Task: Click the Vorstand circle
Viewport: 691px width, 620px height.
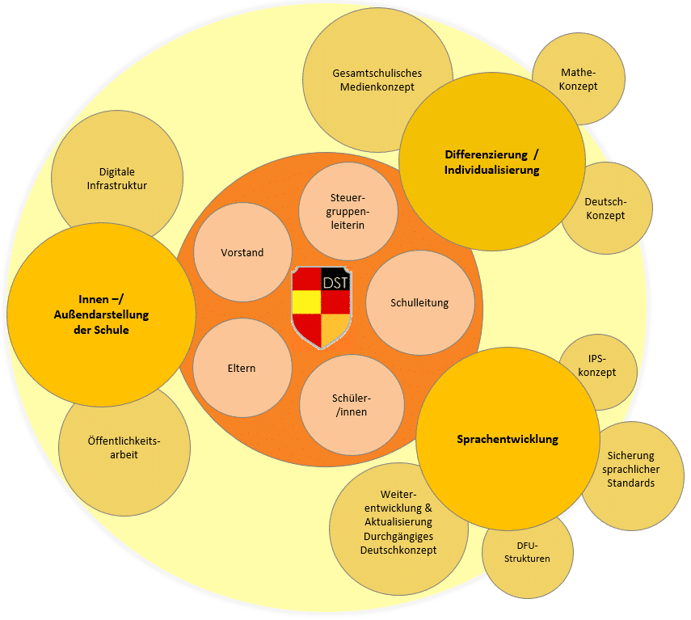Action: (x=242, y=253)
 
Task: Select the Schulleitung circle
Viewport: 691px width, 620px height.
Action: (x=419, y=303)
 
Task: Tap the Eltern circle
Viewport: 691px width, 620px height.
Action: (x=242, y=369)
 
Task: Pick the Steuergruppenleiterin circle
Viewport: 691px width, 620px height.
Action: (x=348, y=212)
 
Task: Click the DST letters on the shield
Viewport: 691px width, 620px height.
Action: (x=336, y=283)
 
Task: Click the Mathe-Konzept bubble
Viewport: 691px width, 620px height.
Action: (x=579, y=79)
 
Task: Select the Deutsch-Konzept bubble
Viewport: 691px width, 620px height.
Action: (x=606, y=209)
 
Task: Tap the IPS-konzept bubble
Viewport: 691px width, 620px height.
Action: (x=598, y=366)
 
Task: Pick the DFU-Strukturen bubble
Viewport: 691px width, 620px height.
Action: (x=528, y=554)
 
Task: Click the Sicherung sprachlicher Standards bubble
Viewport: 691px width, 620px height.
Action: (x=633, y=470)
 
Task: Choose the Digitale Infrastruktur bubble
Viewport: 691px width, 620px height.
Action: (x=117, y=179)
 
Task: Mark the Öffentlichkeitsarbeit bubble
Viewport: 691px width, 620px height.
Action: (x=124, y=448)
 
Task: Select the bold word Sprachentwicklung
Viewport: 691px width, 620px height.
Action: (x=508, y=440)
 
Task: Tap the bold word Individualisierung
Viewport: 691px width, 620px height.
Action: (x=491, y=171)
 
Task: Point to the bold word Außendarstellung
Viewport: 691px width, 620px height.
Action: (x=102, y=315)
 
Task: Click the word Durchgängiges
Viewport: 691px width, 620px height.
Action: (x=398, y=536)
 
